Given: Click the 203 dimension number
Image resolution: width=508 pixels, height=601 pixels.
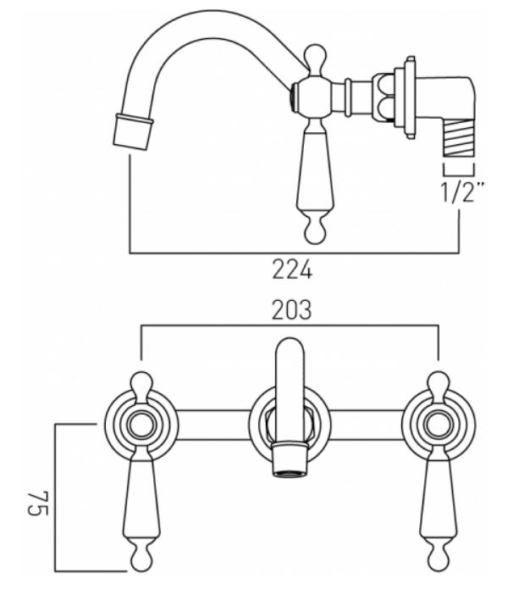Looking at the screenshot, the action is tap(291, 309).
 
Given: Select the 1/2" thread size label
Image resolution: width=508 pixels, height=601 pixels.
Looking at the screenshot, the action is tap(462, 192).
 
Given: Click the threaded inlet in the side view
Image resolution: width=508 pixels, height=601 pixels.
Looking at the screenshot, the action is tap(459, 141).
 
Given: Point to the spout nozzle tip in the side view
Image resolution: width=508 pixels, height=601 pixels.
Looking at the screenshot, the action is tap(133, 131).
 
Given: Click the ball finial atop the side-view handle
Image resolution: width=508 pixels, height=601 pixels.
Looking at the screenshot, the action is tap(315, 56).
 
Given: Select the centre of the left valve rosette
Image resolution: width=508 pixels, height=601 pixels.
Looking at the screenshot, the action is tap(141, 426).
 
